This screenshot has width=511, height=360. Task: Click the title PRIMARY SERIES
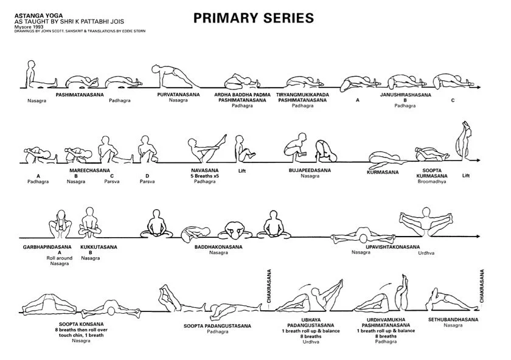coord(254,18)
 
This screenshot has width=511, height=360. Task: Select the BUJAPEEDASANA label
coord(310,171)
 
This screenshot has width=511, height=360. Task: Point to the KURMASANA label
coord(383,172)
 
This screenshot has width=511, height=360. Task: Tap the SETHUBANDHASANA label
coord(453,319)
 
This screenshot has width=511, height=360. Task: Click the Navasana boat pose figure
coord(202,150)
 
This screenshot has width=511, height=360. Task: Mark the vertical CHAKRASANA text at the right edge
coord(482,286)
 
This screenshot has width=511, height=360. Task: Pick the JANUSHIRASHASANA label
coord(405,95)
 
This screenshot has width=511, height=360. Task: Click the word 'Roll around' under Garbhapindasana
coord(60,258)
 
